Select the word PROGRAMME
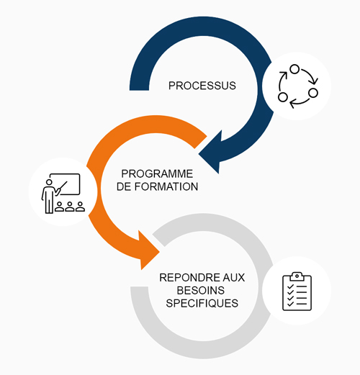point(158,173)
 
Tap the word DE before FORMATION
point(131,186)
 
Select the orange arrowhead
point(148,248)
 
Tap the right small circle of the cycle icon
point(312,93)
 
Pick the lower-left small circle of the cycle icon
point(282,97)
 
